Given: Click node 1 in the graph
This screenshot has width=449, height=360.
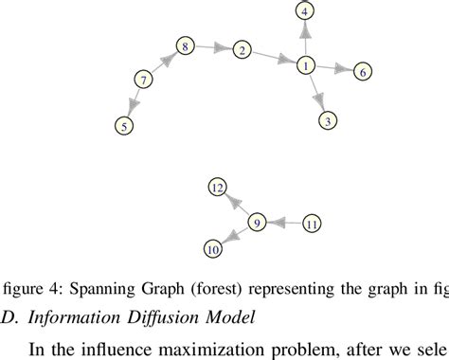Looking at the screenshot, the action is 306,65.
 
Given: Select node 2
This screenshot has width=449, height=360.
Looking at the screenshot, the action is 242,50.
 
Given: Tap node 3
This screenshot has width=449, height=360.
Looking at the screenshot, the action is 327,120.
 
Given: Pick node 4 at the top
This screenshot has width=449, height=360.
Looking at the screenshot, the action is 304,11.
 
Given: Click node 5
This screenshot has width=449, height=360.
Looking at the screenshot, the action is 122,124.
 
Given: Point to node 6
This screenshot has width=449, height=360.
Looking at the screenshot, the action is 365,71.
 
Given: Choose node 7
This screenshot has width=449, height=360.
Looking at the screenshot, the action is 143,81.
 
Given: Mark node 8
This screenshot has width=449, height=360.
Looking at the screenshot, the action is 185,46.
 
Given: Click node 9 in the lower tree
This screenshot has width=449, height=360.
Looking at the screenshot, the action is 256,224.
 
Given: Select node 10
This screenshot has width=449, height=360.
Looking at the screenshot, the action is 213,248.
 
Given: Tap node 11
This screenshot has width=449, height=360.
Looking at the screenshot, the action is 312,224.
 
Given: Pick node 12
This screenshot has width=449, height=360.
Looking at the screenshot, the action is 217,189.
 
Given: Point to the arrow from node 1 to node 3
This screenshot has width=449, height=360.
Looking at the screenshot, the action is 316,93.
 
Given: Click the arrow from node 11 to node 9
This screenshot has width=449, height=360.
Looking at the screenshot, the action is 283,224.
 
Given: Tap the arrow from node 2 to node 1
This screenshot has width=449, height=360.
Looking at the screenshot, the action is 274,58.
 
